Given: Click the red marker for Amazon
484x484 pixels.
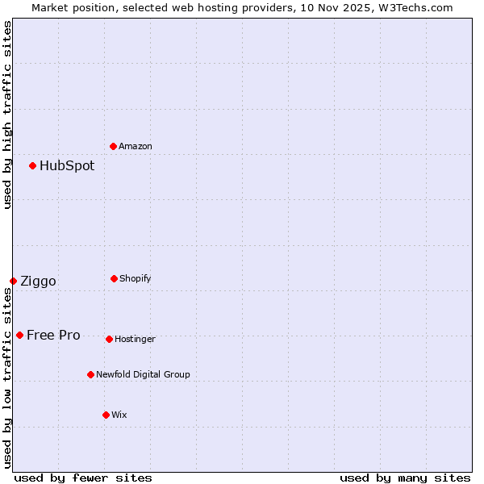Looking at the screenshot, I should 114,146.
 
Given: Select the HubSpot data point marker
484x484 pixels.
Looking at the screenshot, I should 33,165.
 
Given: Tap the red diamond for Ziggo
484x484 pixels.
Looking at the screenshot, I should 14,281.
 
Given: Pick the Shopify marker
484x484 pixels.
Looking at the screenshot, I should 114,278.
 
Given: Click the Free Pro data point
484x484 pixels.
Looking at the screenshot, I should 20,335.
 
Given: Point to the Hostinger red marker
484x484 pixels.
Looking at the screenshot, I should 109,339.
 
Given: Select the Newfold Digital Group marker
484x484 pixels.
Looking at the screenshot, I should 90,374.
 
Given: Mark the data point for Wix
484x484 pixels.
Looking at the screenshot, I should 106,415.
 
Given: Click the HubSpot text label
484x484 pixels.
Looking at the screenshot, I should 67,165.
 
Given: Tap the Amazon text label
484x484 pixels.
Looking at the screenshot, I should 136,146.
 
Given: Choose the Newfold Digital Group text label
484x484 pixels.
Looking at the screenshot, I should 143,374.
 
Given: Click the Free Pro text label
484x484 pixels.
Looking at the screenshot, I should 53,335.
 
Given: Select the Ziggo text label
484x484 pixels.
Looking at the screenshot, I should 38,281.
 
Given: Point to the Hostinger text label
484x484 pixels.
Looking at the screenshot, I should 135,339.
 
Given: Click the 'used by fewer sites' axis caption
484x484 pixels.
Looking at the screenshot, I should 83,478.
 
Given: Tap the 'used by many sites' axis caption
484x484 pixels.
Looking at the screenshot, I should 405,478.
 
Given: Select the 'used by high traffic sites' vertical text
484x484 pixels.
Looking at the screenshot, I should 7,115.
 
